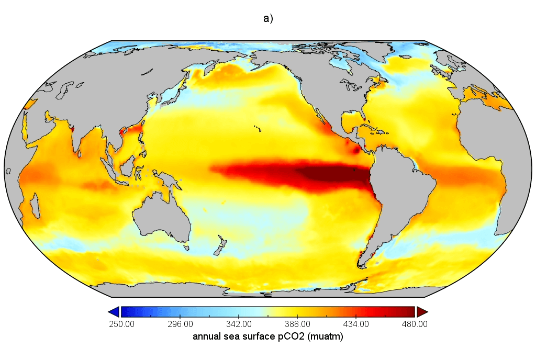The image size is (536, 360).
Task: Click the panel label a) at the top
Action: (x=268, y=18)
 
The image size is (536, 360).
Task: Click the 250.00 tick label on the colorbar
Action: (x=121, y=324)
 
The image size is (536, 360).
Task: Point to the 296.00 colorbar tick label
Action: (x=181, y=324)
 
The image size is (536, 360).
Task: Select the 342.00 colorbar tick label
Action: (x=239, y=324)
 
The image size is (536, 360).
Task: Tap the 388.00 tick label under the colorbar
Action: (x=298, y=324)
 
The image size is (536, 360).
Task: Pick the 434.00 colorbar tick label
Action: (x=356, y=324)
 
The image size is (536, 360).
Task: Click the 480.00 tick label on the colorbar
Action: (x=415, y=324)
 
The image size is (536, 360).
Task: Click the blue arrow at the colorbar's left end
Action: (x=114, y=312)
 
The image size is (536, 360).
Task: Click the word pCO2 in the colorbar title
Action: (x=290, y=336)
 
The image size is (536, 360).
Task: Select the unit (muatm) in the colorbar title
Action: (x=326, y=337)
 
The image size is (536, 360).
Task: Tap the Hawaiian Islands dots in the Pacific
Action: (x=258, y=128)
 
